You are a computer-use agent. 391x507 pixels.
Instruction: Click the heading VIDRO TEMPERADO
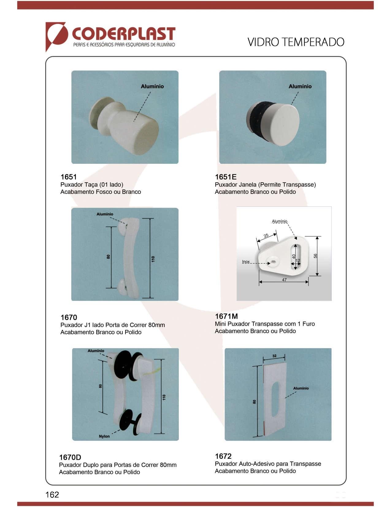[x=296, y=42]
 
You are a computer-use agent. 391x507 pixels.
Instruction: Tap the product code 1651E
[x=225, y=177]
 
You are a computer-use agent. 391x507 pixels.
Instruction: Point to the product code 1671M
[x=226, y=316]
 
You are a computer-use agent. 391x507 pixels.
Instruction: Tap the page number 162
[x=52, y=494]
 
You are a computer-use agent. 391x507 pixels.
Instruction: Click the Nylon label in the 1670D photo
[x=104, y=436]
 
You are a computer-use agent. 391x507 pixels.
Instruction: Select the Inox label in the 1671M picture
[x=246, y=261]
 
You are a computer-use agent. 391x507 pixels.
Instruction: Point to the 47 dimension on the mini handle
[x=284, y=280]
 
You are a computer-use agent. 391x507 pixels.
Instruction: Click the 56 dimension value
[x=315, y=256]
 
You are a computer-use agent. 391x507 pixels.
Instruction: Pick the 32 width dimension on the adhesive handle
[x=274, y=356]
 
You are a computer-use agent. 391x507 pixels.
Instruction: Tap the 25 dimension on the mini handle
[x=266, y=236]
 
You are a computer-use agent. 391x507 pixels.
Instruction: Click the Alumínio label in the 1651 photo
[x=152, y=86]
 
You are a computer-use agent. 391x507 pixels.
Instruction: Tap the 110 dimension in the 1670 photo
[x=153, y=259]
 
